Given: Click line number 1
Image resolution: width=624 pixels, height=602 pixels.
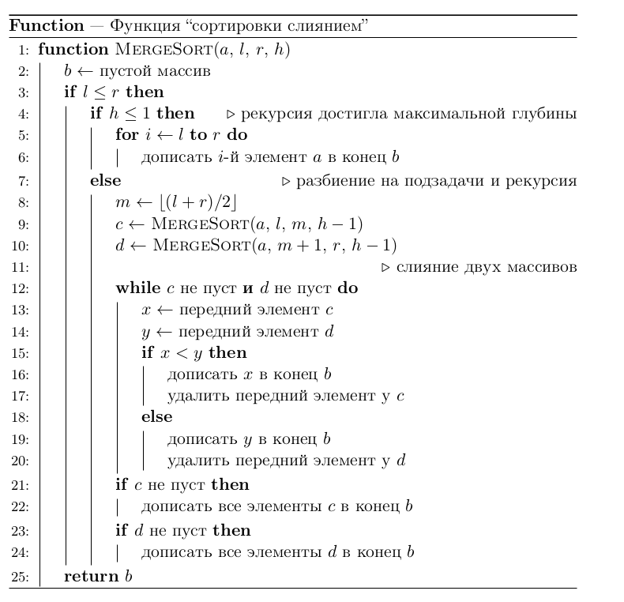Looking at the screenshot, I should [x=23, y=50].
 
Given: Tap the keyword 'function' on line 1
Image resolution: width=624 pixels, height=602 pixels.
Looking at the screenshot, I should [x=73, y=49].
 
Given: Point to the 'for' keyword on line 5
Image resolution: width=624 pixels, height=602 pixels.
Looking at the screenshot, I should [x=126, y=135].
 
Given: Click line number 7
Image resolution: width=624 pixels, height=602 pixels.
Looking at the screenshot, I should [x=23, y=181].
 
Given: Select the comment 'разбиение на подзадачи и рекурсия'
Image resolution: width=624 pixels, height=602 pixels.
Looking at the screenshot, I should [x=436, y=181].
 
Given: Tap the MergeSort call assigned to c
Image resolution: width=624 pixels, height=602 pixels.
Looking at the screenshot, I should [x=256, y=224].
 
